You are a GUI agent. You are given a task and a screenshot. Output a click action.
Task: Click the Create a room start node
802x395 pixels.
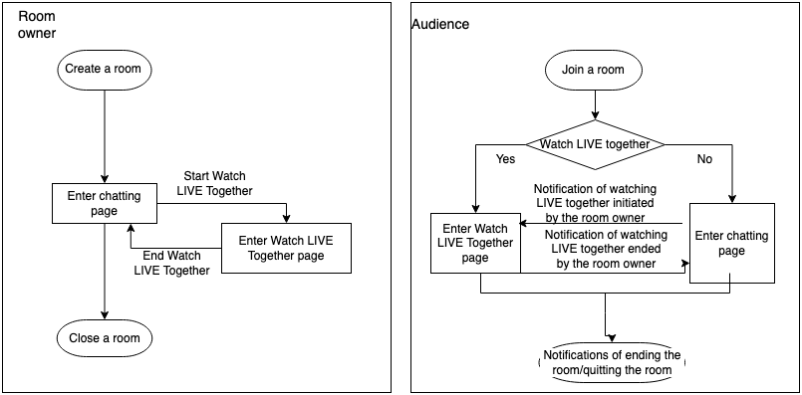105,69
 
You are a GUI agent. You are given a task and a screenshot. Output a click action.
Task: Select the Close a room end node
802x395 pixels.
105,338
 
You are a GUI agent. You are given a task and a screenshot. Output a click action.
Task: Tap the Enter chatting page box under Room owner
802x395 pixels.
105,203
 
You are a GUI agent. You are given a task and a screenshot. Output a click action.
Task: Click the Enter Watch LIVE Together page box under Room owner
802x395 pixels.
287,248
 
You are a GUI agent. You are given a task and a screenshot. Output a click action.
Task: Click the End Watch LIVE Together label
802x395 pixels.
171,263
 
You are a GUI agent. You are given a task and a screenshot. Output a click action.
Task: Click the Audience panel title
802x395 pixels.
440,23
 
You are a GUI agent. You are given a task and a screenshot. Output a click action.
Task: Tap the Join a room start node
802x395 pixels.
594,70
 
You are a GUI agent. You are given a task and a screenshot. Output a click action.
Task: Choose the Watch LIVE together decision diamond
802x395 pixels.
595,144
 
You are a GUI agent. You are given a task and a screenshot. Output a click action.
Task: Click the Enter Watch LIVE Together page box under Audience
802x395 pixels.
474,243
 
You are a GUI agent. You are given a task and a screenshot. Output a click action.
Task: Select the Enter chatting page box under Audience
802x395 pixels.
732,244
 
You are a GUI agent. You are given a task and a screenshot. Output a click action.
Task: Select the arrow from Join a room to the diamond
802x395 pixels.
594,104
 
